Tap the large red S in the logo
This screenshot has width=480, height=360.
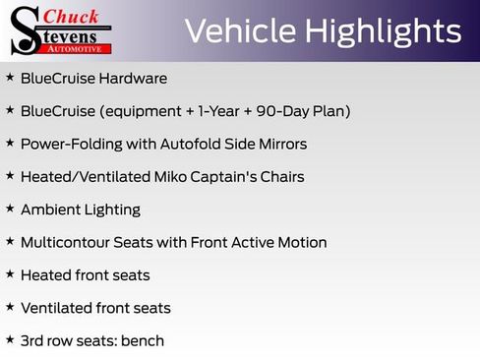pos(23,30)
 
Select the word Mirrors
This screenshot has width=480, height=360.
pos(280,144)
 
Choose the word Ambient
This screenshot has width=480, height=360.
pos(50,210)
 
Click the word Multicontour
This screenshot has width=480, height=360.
pos(69,242)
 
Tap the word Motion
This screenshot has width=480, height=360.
pos(302,242)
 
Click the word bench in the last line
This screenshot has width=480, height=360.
pos(144,341)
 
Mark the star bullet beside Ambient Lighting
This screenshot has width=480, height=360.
pos(10,209)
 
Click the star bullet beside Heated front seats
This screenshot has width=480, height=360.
pos(10,274)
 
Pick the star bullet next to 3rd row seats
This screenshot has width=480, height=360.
pos(10,340)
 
